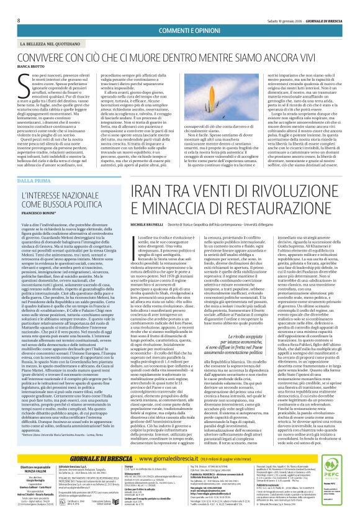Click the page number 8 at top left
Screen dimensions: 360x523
click(x=19, y=20)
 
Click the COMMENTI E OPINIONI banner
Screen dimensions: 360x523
click(x=179, y=30)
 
